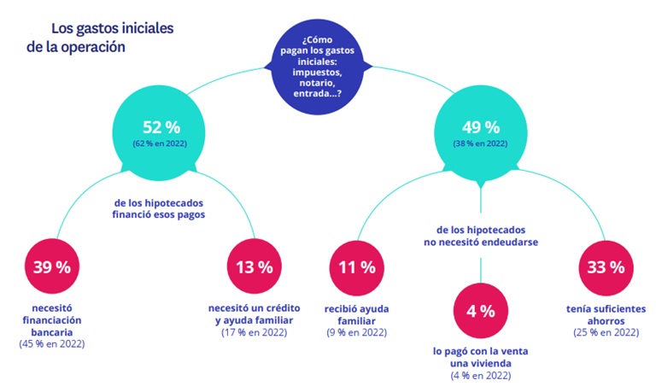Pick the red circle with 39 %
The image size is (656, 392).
pos(52,266)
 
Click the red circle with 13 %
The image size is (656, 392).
pos(254,266)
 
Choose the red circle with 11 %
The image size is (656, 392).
pos(356,266)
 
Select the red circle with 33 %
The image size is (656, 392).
pos(606,266)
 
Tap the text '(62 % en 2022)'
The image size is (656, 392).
pos(161,144)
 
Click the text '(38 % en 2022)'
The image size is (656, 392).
pos(480,144)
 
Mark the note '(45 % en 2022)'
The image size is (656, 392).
pos(52,344)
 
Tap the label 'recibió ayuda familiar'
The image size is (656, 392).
pos(356,313)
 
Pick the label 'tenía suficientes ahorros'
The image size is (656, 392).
pos(606,313)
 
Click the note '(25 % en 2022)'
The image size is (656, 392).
pos(606,331)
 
